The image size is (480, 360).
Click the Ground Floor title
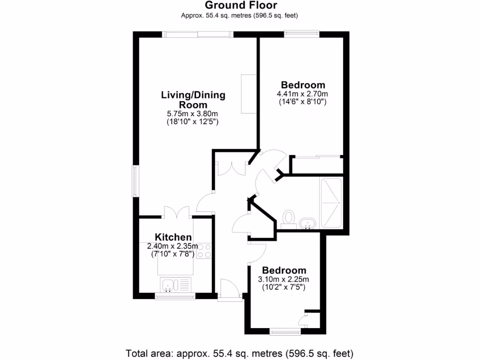pos(240,6)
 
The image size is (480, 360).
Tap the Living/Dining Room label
pos(193,99)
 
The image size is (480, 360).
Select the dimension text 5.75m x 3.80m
pos(193,114)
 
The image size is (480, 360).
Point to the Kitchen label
pos(173,237)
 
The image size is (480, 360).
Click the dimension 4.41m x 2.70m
pos(302,94)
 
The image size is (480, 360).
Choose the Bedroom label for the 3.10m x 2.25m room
pos(284,270)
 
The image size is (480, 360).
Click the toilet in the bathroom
pos(289,218)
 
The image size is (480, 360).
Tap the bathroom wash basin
pos(307,224)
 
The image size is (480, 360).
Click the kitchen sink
pos(168,284)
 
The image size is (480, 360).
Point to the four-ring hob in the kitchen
pos(204,251)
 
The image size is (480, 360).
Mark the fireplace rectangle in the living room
pos(248,93)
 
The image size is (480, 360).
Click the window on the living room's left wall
pos(135,180)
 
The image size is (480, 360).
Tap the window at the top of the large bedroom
pos(301,34)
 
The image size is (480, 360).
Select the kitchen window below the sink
pos(175,296)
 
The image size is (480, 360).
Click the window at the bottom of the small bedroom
pos(285,332)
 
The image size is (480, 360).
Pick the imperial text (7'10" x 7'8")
pos(174,254)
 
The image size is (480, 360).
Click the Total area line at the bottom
pos(240,352)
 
